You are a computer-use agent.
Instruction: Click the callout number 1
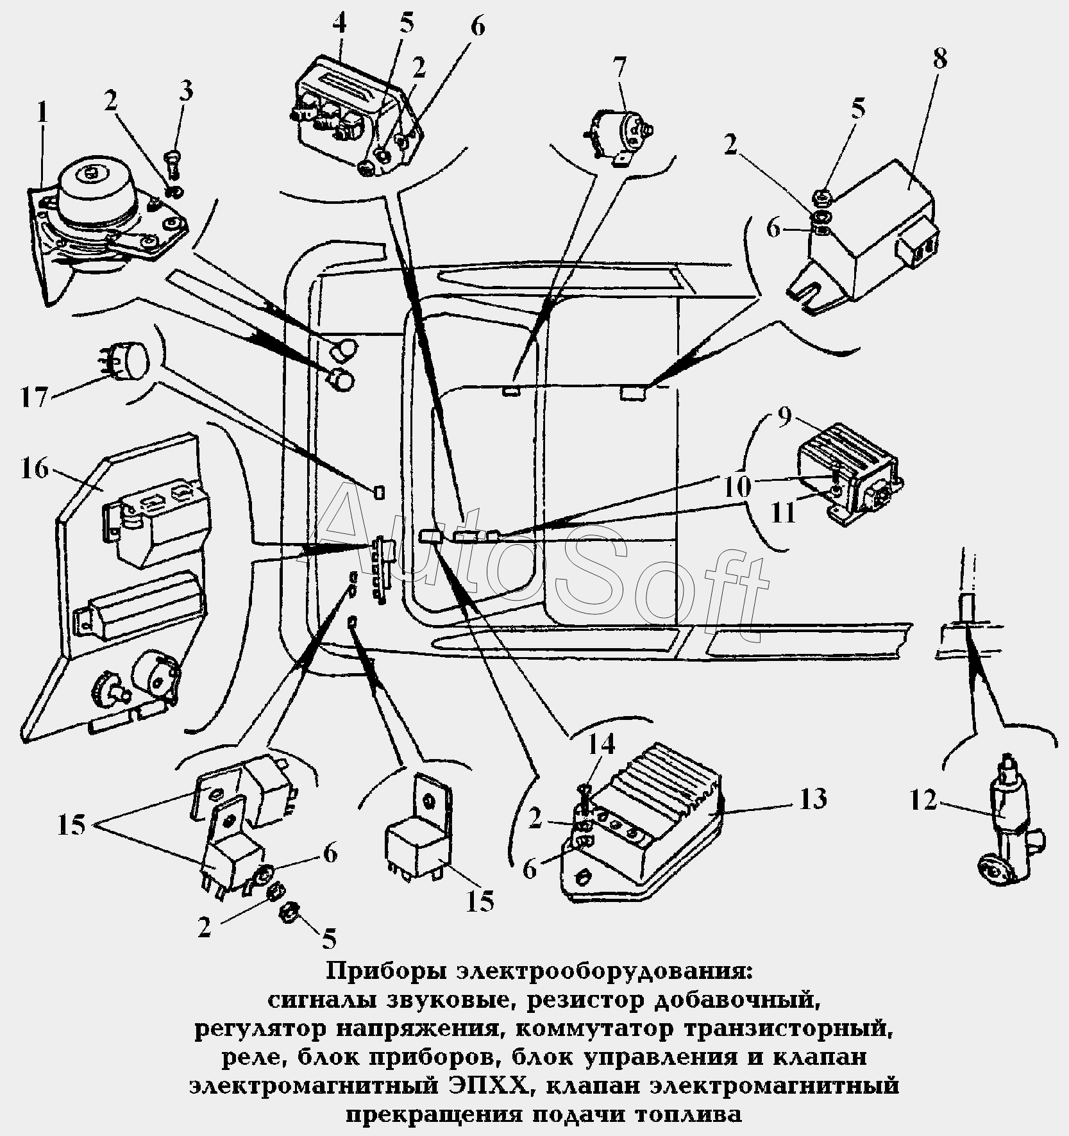click(x=42, y=113)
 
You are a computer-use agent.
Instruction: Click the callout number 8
click(x=939, y=59)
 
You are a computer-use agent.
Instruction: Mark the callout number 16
click(x=33, y=468)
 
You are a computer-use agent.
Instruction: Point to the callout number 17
click(x=34, y=396)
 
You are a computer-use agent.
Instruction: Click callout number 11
click(x=782, y=512)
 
